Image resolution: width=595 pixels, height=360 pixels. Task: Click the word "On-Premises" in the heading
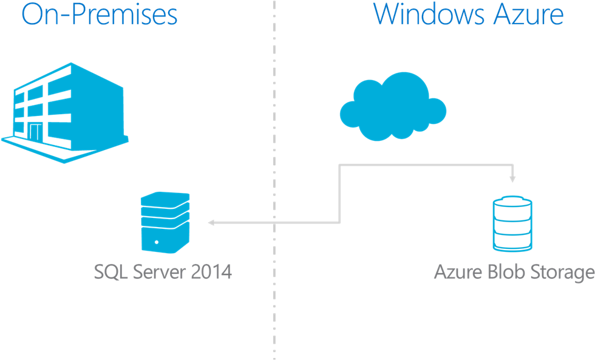(x=99, y=15)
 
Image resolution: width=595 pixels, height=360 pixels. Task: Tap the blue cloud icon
(x=392, y=106)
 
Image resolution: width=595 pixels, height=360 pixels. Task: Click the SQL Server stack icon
(x=165, y=222)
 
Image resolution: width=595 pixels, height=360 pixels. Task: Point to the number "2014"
(x=211, y=272)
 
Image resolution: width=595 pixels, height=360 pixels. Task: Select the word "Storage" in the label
(x=561, y=273)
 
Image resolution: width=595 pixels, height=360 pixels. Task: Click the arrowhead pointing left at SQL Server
(x=211, y=223)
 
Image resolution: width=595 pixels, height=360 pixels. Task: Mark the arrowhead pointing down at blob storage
(x=512, y=179)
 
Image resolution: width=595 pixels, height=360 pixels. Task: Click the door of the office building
(x=30, y=129)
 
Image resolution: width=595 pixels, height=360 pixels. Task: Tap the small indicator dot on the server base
(x=157, y=243)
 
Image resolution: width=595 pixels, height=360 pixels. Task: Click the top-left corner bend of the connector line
(x=339, y=165)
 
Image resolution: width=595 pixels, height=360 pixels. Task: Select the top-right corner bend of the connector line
(x=512, y=165)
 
